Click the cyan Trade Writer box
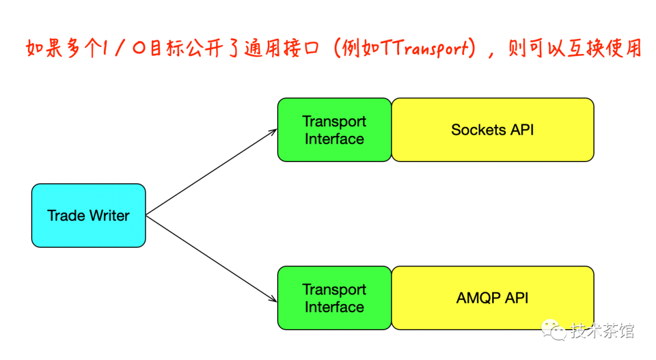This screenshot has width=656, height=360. [89, 216]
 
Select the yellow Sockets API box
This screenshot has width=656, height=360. [493, 130]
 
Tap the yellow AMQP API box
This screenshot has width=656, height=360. [493, 298]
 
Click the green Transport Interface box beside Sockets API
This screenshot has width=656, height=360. [334, 130]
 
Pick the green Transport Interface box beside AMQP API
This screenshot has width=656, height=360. [334, 298]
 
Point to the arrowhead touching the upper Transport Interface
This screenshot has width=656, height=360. [273, 132]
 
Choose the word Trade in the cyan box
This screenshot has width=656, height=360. [66, 216]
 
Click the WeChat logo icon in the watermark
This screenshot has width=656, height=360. [555, 331]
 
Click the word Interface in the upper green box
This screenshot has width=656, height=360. [334, 139]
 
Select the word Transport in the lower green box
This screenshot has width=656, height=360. [334, 290]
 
